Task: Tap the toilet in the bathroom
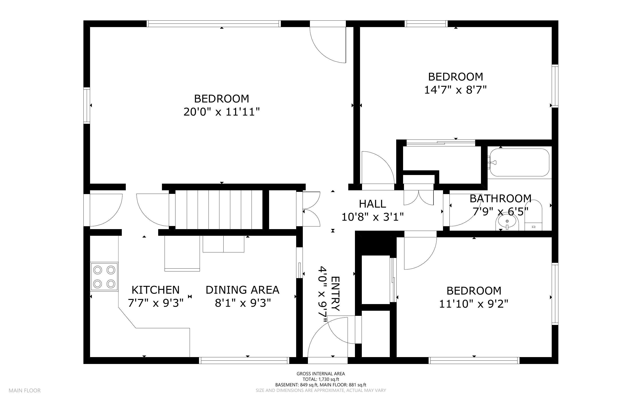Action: pos(533,215)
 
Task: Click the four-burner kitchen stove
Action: pos(104,277)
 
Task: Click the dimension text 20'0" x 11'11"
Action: pos(221,112)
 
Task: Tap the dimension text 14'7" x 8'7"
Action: pos(456,90)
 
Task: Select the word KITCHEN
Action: pos(156,290)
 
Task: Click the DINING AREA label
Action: pos(242,290)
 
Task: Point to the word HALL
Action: pos(372,204)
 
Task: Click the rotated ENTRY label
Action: pos(335,294)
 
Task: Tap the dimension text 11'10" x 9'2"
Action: pos(474,304)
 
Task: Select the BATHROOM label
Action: pos(500,198)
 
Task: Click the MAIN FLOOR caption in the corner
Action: pos(25,390)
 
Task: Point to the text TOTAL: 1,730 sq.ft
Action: pos(321,379)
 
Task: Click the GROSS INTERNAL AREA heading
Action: pos(321,374)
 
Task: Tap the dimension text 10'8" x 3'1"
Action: pos(372,217)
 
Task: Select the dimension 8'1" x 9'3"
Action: pos(243,303)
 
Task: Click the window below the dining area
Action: pos(244,360)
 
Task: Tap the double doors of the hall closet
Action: pos(419,197)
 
